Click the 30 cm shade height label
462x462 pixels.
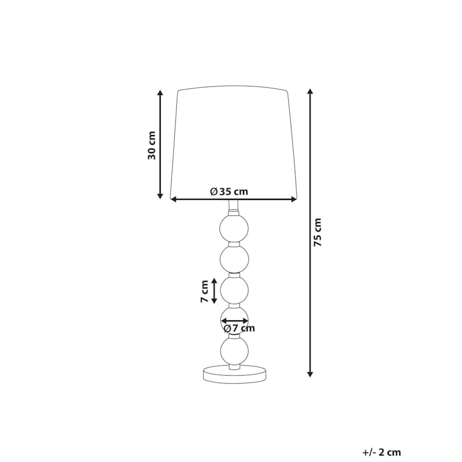152,145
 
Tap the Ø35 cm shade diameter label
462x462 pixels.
229,191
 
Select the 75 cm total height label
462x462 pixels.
317,232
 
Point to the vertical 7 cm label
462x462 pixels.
204,291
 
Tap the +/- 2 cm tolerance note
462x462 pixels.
381,452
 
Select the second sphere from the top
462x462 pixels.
234,259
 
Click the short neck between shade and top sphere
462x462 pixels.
234,206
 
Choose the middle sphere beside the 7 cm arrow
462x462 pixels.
234,290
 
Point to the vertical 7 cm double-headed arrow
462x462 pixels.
214,291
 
